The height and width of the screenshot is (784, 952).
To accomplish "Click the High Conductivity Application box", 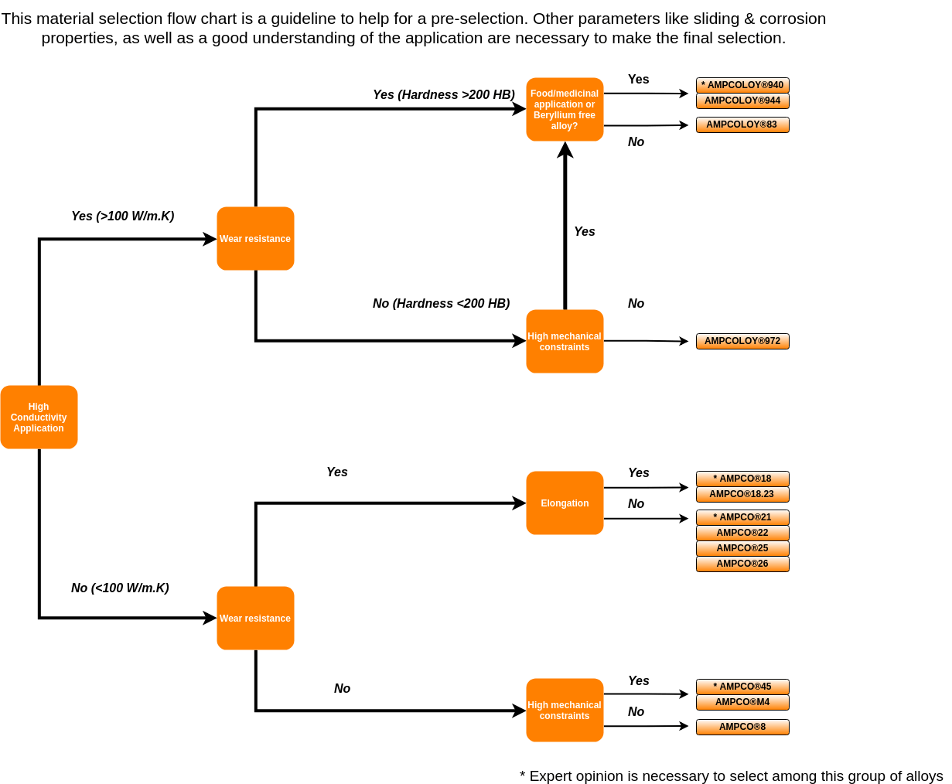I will (x=39, y=418).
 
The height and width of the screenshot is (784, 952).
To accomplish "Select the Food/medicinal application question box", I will (x=565, y=109).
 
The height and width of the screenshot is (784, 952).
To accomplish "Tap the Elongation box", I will (x=565, y=503).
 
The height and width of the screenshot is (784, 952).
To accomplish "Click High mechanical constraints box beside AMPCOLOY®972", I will (x=565, y=342).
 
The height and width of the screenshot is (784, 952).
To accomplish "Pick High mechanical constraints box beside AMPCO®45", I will (x=565, y=711).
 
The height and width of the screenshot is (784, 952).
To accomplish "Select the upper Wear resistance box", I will (x=255, y=239).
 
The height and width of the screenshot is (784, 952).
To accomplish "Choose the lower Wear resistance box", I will (x=255, y=619).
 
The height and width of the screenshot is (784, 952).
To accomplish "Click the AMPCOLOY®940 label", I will (x=742, y=85).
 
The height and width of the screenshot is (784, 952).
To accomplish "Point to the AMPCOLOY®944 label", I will (x=742, y=101).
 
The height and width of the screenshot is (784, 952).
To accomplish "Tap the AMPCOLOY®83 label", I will (x=742, y=124).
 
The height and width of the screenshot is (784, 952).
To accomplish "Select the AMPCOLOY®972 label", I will (x=742, y=341).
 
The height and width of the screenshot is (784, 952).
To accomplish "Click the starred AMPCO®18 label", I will (x=742, y=479).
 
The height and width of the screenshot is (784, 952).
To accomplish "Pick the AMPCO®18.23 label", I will (x=742, y=494).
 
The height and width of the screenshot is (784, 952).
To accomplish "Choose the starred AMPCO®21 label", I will (x=742, y=517).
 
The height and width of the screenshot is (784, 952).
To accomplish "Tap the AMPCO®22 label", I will (x=742, y=533).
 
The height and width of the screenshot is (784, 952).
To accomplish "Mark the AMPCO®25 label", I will (x=742, y=548).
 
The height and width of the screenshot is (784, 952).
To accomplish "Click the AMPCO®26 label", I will (x=742, y=564).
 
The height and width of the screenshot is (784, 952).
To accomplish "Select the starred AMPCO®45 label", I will (x=742, y=687).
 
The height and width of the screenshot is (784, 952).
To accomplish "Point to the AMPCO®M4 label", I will (x=742, y=702).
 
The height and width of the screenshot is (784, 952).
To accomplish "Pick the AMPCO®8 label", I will (x=742, y=727).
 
